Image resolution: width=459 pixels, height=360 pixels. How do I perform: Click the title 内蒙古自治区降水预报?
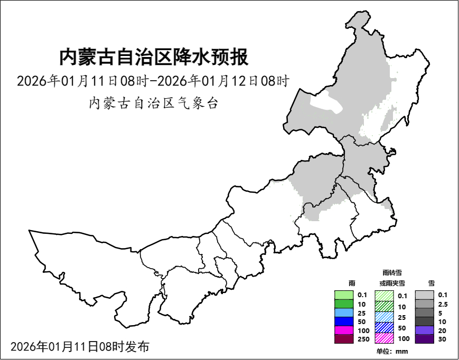(x=154, y=57)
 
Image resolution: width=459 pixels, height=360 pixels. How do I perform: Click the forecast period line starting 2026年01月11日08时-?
(x=154, y=82)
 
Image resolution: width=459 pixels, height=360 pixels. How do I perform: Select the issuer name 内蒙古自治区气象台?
(x=154, y=103)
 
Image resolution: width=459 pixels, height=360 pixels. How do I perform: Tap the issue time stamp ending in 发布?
(x=80, y=347)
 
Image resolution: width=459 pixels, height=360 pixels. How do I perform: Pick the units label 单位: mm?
(x=392, y=352)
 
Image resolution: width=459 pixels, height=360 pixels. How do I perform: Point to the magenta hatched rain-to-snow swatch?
(x=384, y=338)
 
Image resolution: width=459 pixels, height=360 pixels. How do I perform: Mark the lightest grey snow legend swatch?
(x=424, y=295)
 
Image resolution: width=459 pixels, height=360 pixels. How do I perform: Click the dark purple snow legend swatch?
(x=424, y=339)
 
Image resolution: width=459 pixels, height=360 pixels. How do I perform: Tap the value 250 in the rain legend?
(x=363, y=339)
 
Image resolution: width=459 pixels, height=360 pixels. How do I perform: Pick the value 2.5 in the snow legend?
(x=443, y=305)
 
